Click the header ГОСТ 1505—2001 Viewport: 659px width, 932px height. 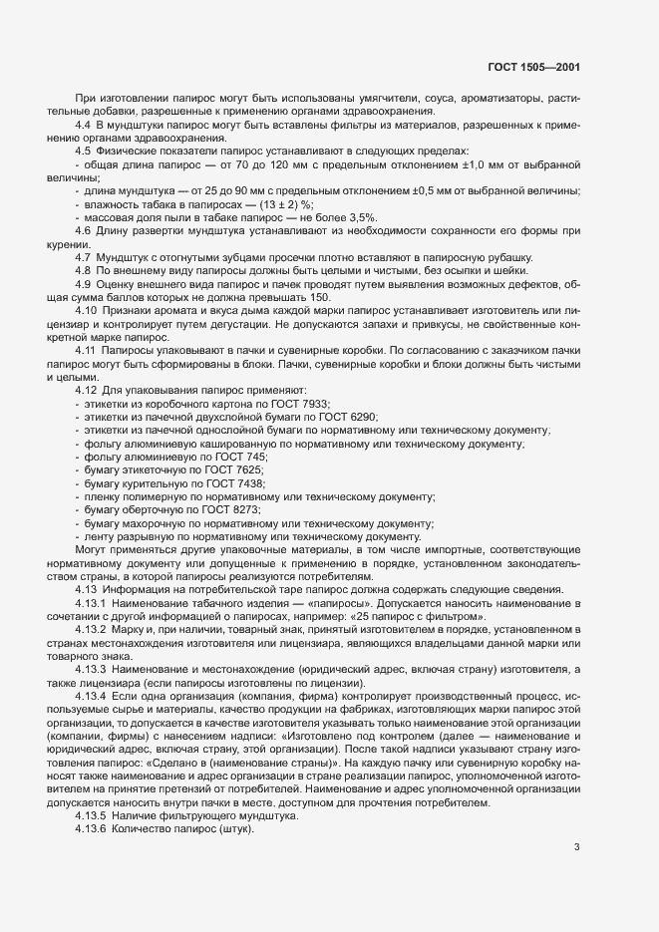point(533,68)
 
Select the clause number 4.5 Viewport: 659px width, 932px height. point(84,151)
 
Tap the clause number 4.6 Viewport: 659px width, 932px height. point(84,230)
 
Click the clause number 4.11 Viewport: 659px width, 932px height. point(87,350)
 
